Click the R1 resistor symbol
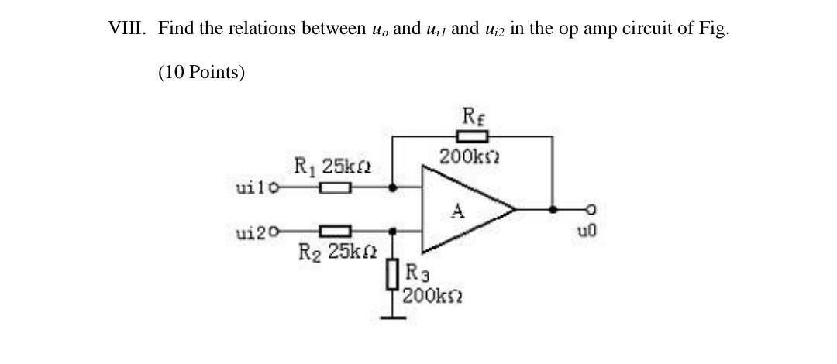tap(336, 187)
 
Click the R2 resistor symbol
tap(336, 230)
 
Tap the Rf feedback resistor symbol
tap(471, 137)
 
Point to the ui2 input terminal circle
tap(274, 230)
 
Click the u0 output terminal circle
tap(592, 209)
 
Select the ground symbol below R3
tap(394, 316)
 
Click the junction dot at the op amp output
tap(552, 209)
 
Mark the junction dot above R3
tap(394, 230)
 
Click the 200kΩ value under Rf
tap(470, 158)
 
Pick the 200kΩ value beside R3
tap(429, 296)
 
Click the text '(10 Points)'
tap(201, 73)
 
